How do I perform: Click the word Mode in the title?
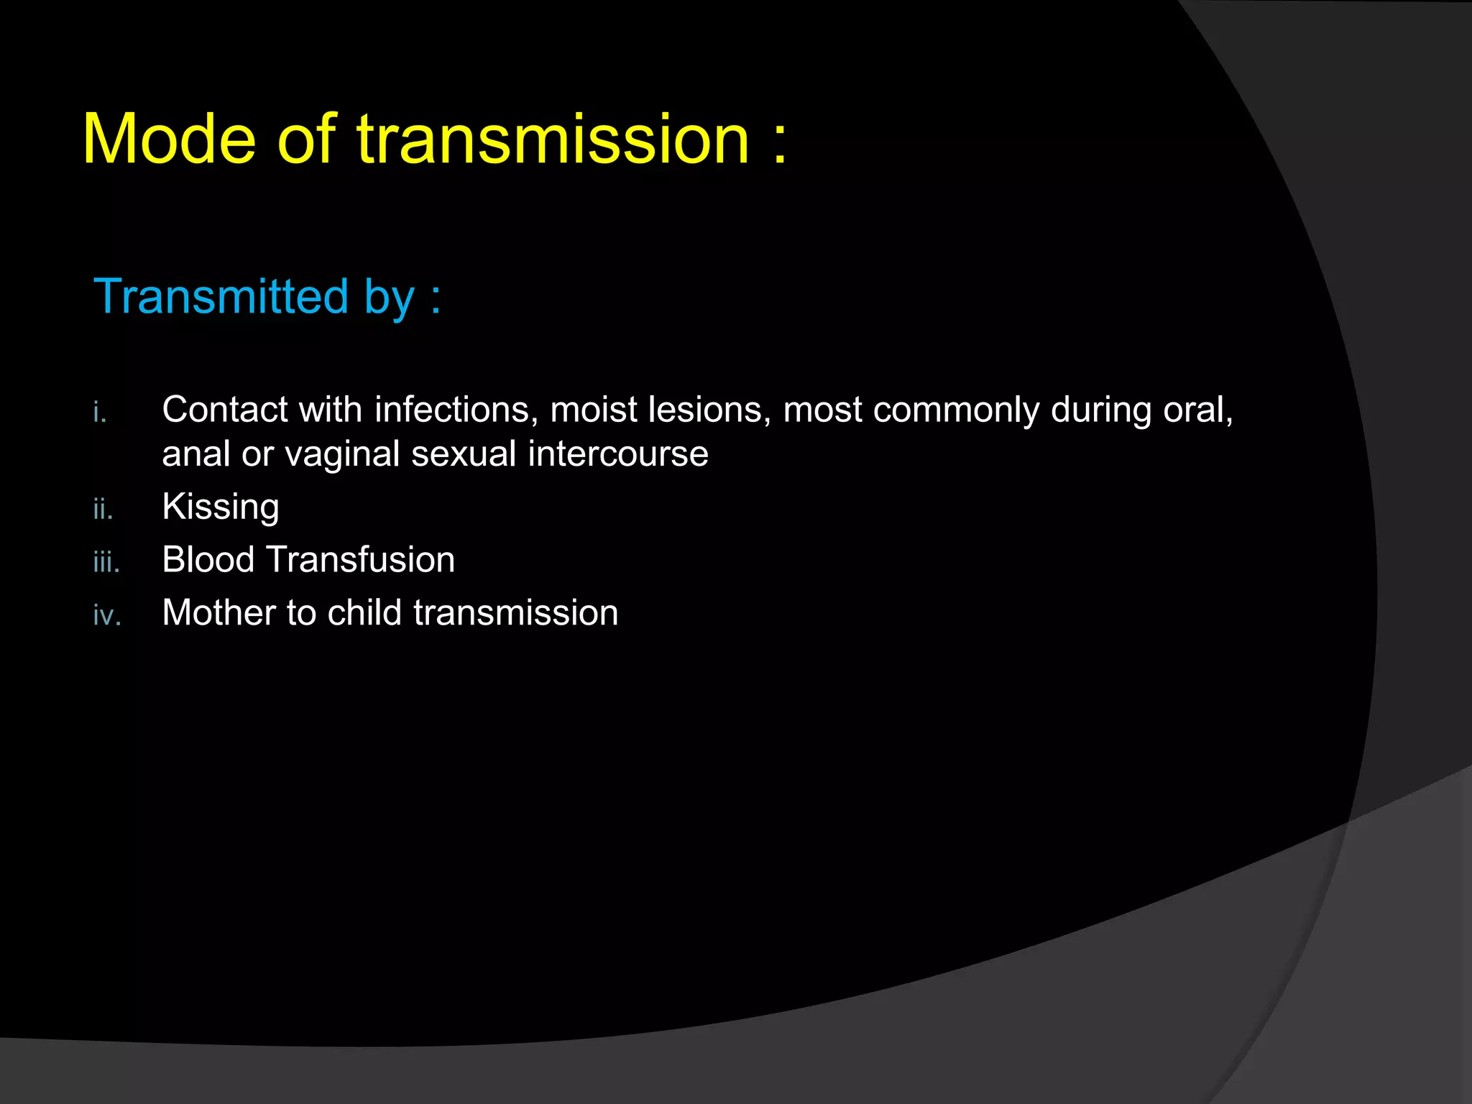[169, 139]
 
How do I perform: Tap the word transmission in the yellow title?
[553, 139]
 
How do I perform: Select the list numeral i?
[100, 413]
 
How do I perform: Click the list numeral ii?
[103, 509]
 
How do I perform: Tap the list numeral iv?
[107, 615]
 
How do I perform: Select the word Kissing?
[221, 507]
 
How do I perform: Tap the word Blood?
[208, 560]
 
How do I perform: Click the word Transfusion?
[361, 560]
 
